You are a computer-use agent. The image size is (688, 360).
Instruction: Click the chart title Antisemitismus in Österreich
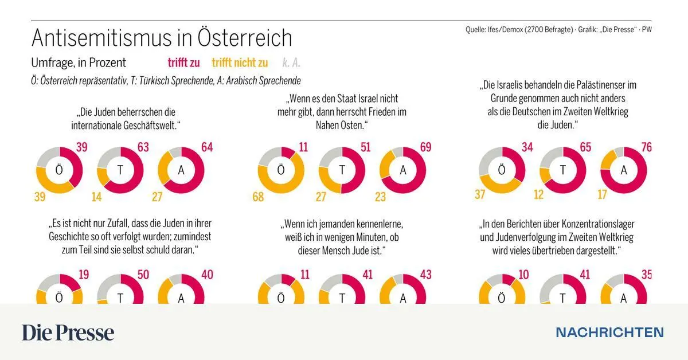[161, 38]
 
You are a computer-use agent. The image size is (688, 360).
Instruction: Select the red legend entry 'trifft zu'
[183, 63]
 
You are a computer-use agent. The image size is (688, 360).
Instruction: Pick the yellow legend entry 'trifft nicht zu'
[240, 63]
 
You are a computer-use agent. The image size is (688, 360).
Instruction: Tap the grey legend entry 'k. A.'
[291, 63]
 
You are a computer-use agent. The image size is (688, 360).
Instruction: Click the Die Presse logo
[68, 332]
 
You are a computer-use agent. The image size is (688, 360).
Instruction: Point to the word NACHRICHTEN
[609, 332]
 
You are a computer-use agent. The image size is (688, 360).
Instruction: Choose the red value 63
[143, 148]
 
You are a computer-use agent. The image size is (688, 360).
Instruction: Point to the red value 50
[143, 275]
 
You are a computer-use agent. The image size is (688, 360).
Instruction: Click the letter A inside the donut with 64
[181, 170]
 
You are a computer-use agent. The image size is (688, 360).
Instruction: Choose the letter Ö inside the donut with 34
[502, 170]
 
